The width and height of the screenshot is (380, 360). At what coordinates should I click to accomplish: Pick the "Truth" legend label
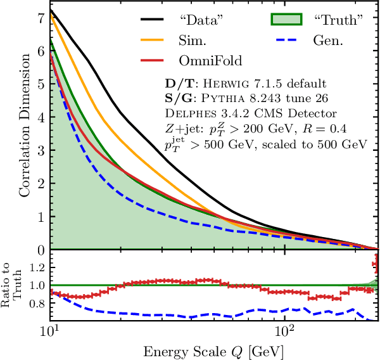point(339,20)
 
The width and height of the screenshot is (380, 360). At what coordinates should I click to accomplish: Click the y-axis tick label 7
point(41,17)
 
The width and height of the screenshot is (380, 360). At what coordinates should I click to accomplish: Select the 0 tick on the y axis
point(41,250)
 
